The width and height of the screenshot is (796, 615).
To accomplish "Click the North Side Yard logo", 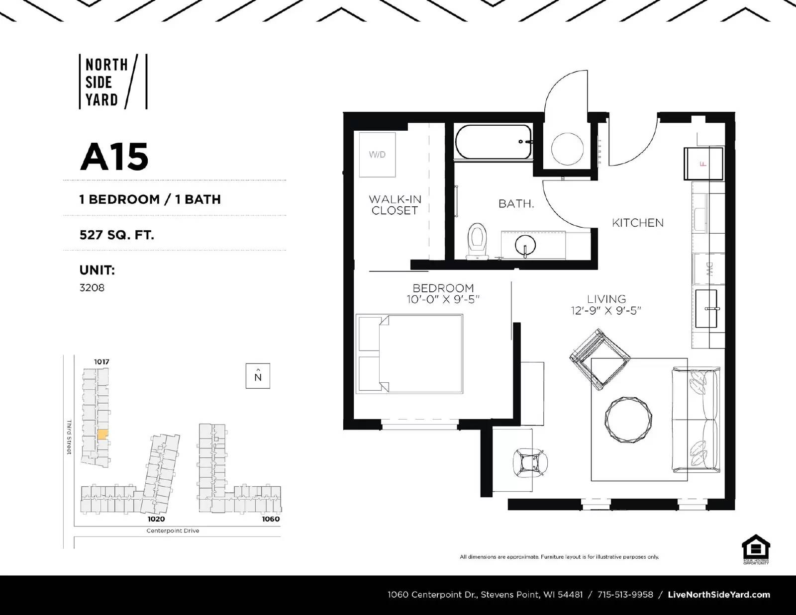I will coord(113,82).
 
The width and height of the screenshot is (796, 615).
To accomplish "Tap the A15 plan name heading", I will coord(114,157).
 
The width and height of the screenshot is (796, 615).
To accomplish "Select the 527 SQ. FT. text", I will coord(117,234).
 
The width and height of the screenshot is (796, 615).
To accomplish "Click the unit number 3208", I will coord(92,288).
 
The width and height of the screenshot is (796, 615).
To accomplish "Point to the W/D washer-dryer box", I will coord(377,155).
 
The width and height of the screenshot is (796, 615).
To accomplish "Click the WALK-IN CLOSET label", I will coord(395,205).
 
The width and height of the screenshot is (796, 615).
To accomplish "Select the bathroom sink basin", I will coord(525,244).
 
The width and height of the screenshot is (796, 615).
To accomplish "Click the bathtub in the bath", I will coord(493,142).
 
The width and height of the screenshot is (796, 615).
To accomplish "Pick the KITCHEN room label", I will coord(638,223).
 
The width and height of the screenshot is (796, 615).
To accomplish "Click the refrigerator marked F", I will coord(703,164).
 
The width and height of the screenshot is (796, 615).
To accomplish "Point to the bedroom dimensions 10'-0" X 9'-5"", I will coord(443,299).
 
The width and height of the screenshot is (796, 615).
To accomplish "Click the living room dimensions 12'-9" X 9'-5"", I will coord(606,311).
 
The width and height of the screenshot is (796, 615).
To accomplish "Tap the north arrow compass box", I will coord(258,376).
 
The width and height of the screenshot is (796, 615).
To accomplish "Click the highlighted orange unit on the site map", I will coord(102,434).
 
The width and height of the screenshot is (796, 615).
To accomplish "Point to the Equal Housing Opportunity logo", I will coord(756,549).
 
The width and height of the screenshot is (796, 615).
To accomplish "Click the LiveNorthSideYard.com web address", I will coord(719,595).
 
